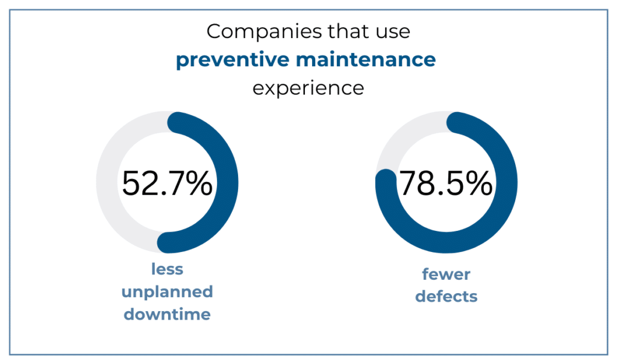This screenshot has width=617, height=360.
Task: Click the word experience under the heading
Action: click(x=308, y=88)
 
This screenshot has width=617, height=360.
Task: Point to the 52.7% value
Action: click(x=167, y=183)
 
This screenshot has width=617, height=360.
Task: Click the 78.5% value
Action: click(x=446, y=183)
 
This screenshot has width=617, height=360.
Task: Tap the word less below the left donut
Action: click(x=167, y=270)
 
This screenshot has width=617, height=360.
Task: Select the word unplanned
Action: click(x=167, y=292)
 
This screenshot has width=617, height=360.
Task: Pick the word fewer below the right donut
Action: click(x=446, y=274)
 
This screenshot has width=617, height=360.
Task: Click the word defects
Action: click(x=446, y=296)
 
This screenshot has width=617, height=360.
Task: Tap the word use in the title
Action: click(x=394, y=31)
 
